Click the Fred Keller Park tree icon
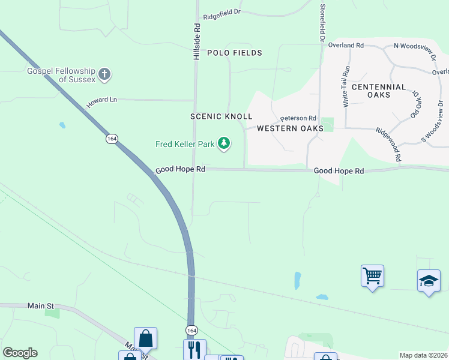[x=224, y=143]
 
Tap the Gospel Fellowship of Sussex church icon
[x=104, y=75]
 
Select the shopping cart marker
[x=372, y=276]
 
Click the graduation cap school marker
[x=429, y=281]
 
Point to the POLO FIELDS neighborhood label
[x=235, y=53]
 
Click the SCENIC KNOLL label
[x=221, y=116]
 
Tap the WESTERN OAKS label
[x=286, y=128]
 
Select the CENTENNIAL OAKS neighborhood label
[x=379, y=91]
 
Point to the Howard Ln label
[x=101, y=103]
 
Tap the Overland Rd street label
[x=347, y=45]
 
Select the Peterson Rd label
[x=298, y=118]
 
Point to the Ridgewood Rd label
[x=388, y=144]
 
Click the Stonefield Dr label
[x=323, y=22]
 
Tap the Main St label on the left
[x=41, y=305]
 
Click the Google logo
[x=20, y=353]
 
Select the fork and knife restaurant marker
[x=194, y=349]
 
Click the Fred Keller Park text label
[x=185, y=144]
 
